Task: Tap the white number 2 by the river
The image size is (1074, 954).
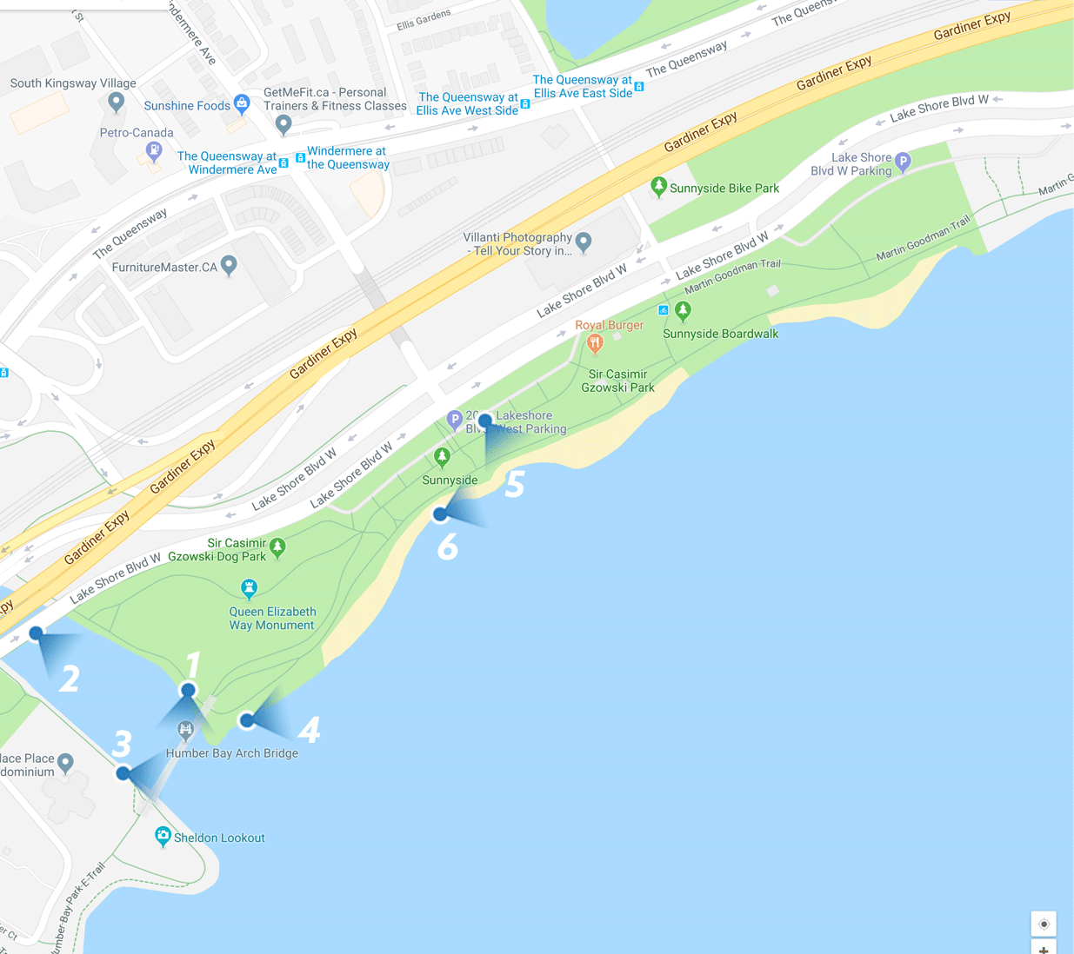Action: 70,679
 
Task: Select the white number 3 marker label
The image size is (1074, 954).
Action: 122,744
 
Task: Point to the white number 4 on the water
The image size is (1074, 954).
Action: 309,730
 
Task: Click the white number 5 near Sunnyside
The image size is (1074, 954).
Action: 515,484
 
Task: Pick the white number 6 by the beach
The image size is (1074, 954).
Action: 447,547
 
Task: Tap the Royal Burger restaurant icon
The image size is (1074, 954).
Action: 595,343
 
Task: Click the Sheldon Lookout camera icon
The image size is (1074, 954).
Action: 163,836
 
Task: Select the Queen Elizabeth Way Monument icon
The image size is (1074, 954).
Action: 250,588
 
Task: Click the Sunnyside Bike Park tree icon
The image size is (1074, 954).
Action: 659,186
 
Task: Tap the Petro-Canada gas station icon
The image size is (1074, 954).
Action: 154,151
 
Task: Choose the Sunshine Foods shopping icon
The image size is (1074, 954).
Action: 242,104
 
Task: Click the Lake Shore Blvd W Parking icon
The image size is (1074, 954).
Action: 903,161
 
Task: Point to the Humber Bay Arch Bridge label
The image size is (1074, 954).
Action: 231,753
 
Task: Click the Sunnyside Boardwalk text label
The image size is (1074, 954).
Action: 720,334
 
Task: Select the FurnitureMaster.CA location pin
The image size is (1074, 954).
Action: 229,264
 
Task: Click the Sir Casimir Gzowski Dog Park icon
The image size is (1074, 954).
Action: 277,547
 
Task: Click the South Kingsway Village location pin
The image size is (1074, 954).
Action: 116,102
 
